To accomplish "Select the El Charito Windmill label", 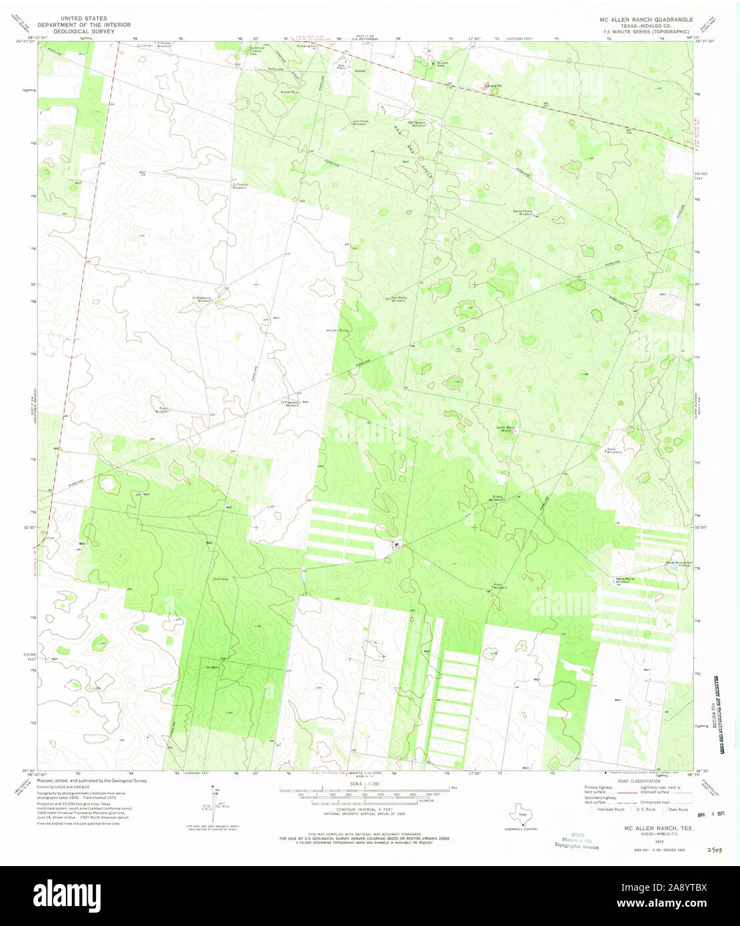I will point(240,187).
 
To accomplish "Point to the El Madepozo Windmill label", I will point(202,299).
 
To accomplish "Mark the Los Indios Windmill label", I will point(360,123).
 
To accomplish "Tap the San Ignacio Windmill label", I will point(416,123).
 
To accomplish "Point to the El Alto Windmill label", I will point(498,498).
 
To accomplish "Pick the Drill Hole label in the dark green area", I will point(220,580).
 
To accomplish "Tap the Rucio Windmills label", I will point(613,450).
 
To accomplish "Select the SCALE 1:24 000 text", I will point(362,784).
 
